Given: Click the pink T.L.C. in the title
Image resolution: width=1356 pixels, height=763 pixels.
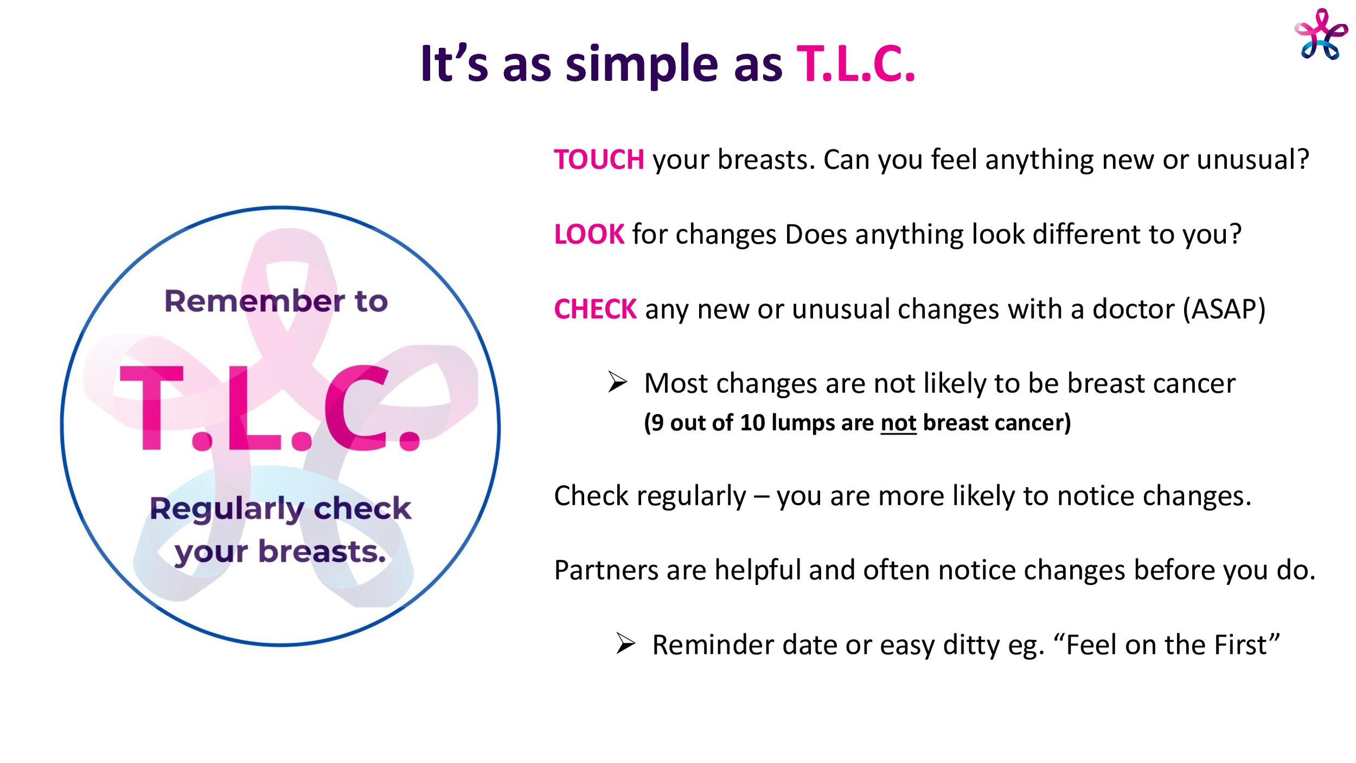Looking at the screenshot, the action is click(x=856, y=64).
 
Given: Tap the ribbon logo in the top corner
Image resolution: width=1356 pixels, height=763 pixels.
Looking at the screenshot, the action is click(x=1321, y=34).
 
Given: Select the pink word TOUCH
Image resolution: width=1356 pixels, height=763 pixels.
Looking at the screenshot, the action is click(x=599, y=160).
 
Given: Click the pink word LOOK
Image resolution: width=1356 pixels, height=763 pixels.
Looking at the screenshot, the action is click(x=589, y=234).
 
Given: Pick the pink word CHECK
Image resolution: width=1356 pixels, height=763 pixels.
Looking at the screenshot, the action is click(x=595, y=309).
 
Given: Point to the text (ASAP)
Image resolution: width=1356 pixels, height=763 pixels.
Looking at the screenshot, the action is click(x=1224, y=309).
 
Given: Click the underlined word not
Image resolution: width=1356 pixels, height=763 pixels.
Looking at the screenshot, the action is click(x=898, y=423).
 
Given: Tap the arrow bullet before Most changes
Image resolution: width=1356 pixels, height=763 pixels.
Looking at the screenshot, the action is click(x=617, y=382).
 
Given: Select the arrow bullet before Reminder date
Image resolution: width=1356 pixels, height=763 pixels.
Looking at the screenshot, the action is click(x=625, y=644).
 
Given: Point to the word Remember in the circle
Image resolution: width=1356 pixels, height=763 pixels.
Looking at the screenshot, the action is click(x=254, y=301).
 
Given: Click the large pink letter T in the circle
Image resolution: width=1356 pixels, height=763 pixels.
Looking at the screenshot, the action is click(x=152, y=408).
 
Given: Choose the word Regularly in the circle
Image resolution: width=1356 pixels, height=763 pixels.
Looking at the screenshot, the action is click(x=227, y=510).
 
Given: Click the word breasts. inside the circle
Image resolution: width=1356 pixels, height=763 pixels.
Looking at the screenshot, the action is click(x=322, y=552).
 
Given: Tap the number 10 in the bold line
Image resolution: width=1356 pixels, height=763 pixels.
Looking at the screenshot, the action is click(x=752, y=423).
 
